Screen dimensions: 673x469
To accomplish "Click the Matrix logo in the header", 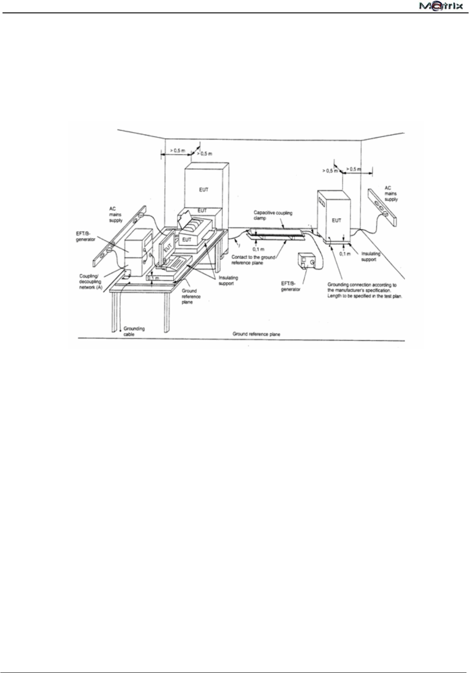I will pos(439,7).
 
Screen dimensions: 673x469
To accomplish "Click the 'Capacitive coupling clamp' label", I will pos(273,215).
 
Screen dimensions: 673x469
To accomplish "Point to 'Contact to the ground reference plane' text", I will pos(253,259).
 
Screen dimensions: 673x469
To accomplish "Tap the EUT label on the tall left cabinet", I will pos(203,189).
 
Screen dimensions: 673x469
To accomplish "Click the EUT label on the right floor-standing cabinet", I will pos(336,220).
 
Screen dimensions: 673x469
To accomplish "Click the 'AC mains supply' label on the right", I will pos(391,194).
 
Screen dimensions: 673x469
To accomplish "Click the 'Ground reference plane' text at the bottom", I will pos(257,334).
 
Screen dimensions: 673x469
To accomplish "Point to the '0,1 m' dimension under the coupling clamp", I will pos(258,249).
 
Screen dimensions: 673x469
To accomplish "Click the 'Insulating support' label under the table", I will pos(228,280).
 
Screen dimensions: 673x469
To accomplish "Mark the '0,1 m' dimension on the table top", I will pos(152,278).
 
